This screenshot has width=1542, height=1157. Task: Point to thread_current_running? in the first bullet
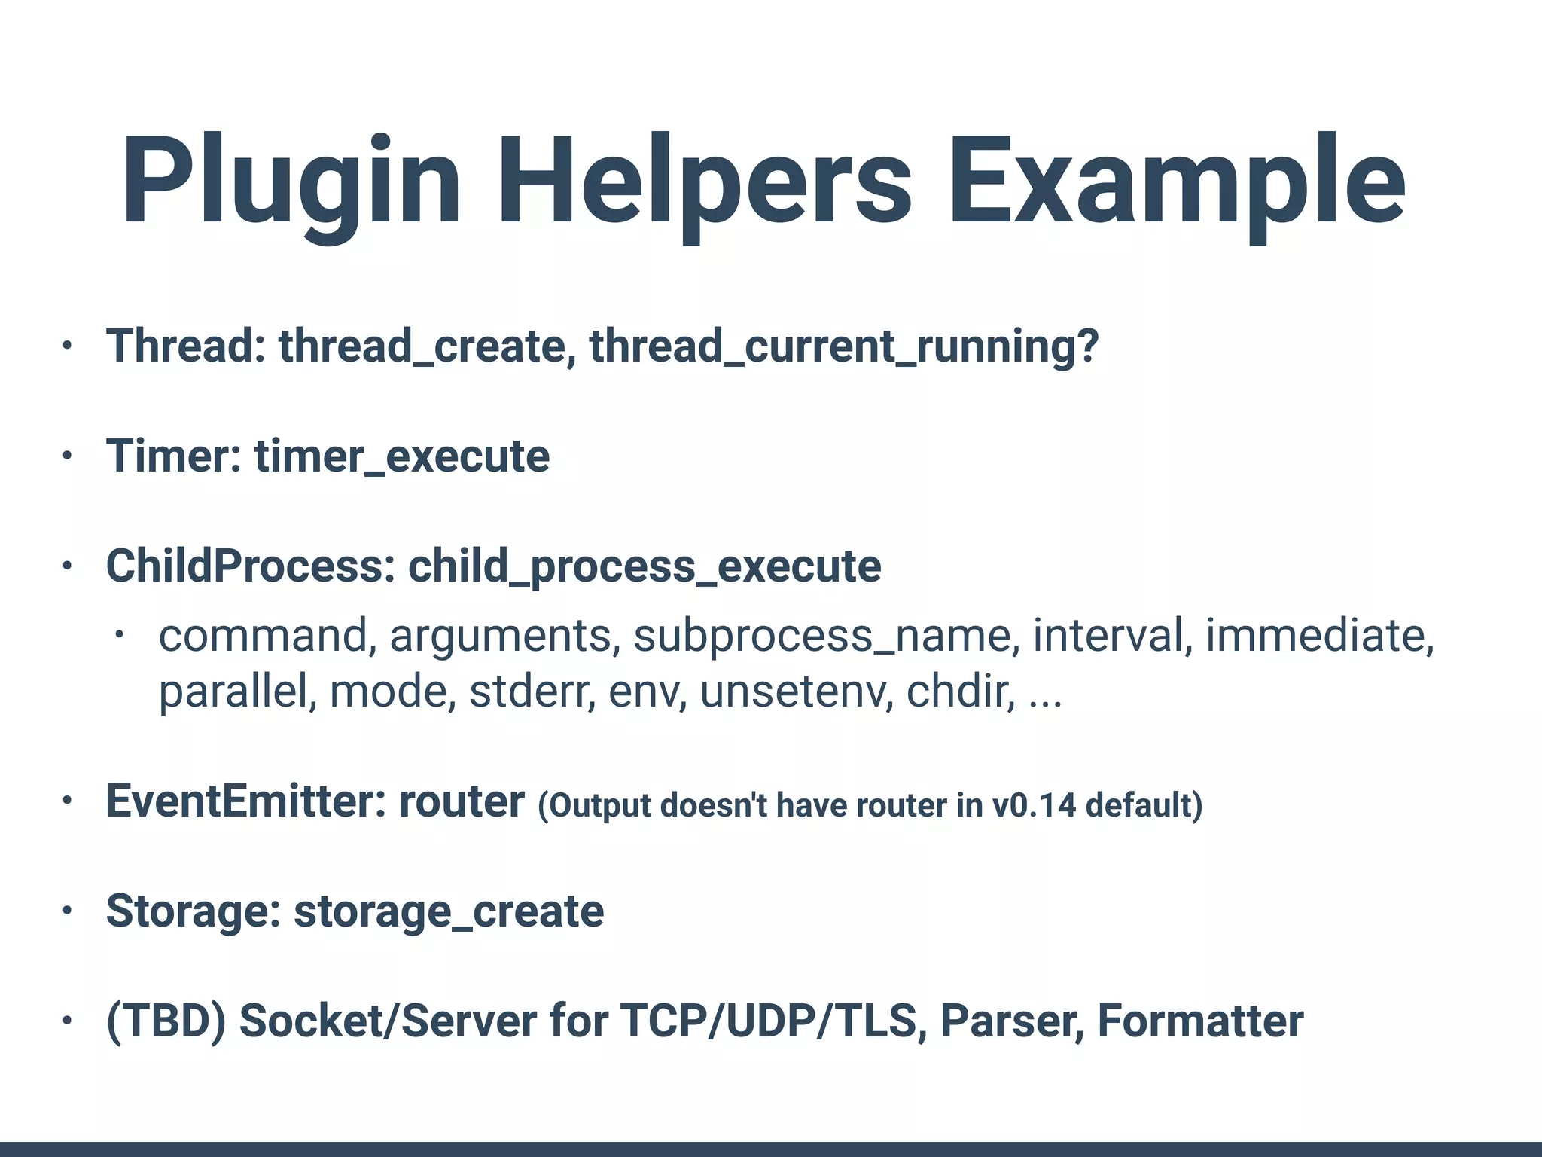pos(843,346)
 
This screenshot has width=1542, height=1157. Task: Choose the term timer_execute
pos(402,456)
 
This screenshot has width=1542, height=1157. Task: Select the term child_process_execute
pos(645,566)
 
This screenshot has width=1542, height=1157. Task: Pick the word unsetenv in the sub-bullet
pos(797,691)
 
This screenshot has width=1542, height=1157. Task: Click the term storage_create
pos(449,911)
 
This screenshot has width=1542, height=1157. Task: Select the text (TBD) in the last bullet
pos(166,1021)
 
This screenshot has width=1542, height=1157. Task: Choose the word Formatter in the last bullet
pos(1200,1021)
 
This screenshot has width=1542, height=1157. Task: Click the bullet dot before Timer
pos(67,456)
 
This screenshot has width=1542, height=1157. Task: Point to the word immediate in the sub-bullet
pos(1319,636)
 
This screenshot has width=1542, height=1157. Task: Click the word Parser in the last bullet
pos(1012,1021)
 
